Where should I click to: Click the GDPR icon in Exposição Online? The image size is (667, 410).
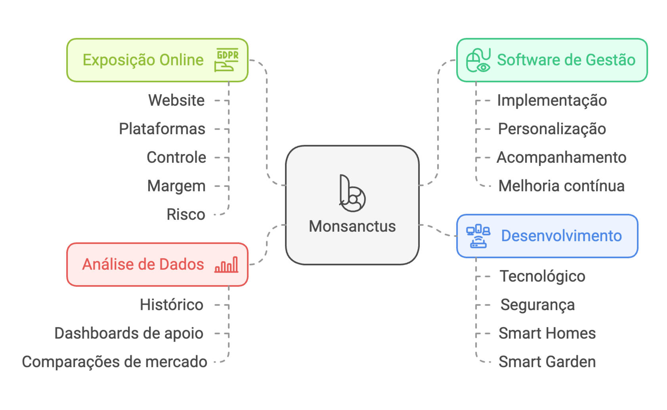tap(227, 60)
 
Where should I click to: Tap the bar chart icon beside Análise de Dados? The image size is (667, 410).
tap(226, 265)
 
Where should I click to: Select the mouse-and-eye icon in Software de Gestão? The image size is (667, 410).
tap(478, 60)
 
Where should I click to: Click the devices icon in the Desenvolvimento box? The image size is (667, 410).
tap(478, 236)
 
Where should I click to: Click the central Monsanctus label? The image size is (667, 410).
tap(352, 226)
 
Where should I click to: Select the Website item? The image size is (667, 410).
tap(176, 100)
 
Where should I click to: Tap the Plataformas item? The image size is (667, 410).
tap(162, 129)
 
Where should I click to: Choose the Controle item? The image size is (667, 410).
tap(176, 157)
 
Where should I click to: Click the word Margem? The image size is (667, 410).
tap(176, 186)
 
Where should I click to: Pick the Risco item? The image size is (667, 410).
tap(186, 214)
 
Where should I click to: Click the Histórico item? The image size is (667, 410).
tap(172, 305)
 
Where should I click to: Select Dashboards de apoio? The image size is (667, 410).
tap(129, 333)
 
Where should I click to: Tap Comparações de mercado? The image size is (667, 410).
tap(115, 362)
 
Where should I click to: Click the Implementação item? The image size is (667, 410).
tap(552, 100)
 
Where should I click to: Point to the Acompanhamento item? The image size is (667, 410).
tap(561, 157)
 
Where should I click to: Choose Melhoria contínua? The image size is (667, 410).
tap(561, 186)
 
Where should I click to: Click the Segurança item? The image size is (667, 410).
tap(537, 305)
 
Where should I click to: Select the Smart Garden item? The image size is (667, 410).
tap(547, 362)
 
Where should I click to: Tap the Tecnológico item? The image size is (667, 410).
tap(542, 276)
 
